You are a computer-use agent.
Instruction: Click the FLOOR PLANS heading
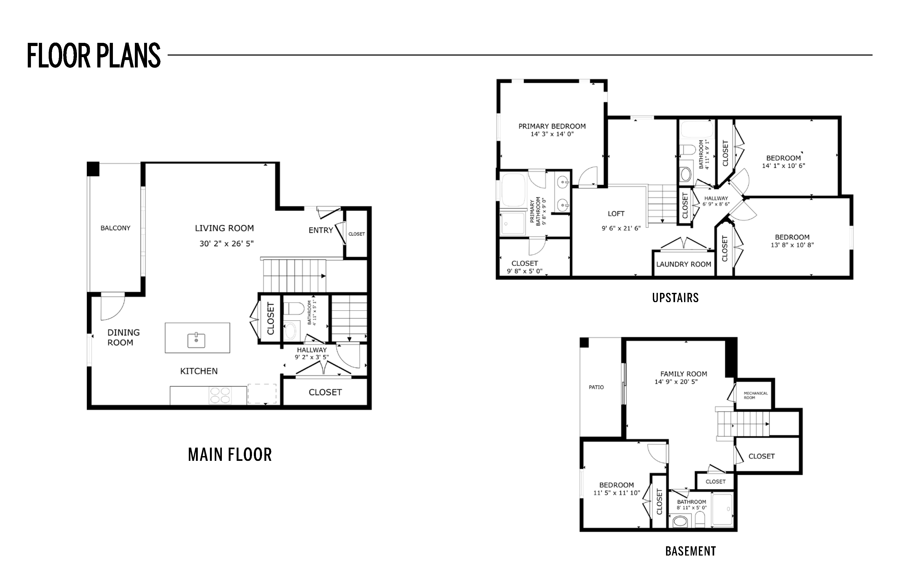[x=94, y=56]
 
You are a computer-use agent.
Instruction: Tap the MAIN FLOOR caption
[x=230, y=455]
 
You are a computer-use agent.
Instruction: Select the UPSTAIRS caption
[x=675, y=298]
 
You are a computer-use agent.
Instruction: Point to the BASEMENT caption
[x=690, y=551]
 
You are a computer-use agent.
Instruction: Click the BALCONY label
[x=115, y=228]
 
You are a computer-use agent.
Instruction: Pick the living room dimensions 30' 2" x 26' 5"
[x=227, y=244]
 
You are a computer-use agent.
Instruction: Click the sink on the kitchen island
[x=196, y=340]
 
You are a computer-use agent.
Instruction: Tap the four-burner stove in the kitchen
[x=220, y=395]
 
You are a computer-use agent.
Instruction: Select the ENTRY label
[x=321, y=230]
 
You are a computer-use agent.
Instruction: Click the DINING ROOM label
[x=123, y=338]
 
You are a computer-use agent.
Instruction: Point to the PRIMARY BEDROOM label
[x=552, y=126]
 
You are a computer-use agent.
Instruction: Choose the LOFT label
[x=616, y=213]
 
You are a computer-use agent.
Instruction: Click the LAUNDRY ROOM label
[x=684, y=264]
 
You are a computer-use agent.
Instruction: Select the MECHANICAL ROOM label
[x=755, y=395]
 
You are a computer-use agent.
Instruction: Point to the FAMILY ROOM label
[x=684, y=374]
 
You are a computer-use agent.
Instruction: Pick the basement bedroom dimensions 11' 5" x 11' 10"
[x=616, y=493]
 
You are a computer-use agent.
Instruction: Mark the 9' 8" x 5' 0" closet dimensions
[x=525, y=271]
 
